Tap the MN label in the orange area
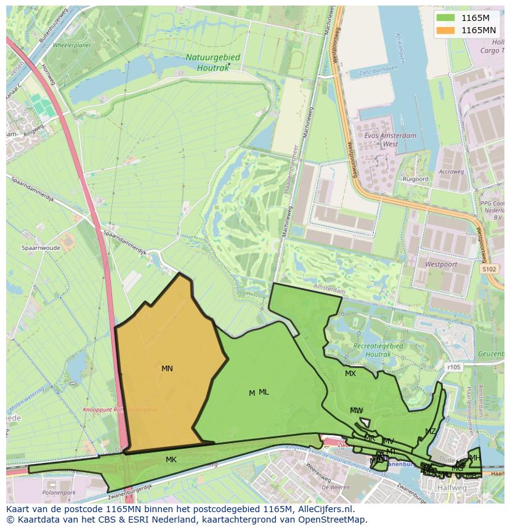[x=167, y=369]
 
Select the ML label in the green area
[x=264, y=392]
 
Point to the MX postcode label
[x=350, y=374]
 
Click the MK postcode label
[x=171, y=460]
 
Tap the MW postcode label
[x=356, y=411]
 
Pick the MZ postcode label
[x=430, y=432]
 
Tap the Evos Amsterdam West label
[x=391, y=140]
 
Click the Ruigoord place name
[x=415, y=179]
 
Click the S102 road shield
[x=489, y=269]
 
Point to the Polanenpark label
[x=59, y=493]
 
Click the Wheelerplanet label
[x=72, y=44]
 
